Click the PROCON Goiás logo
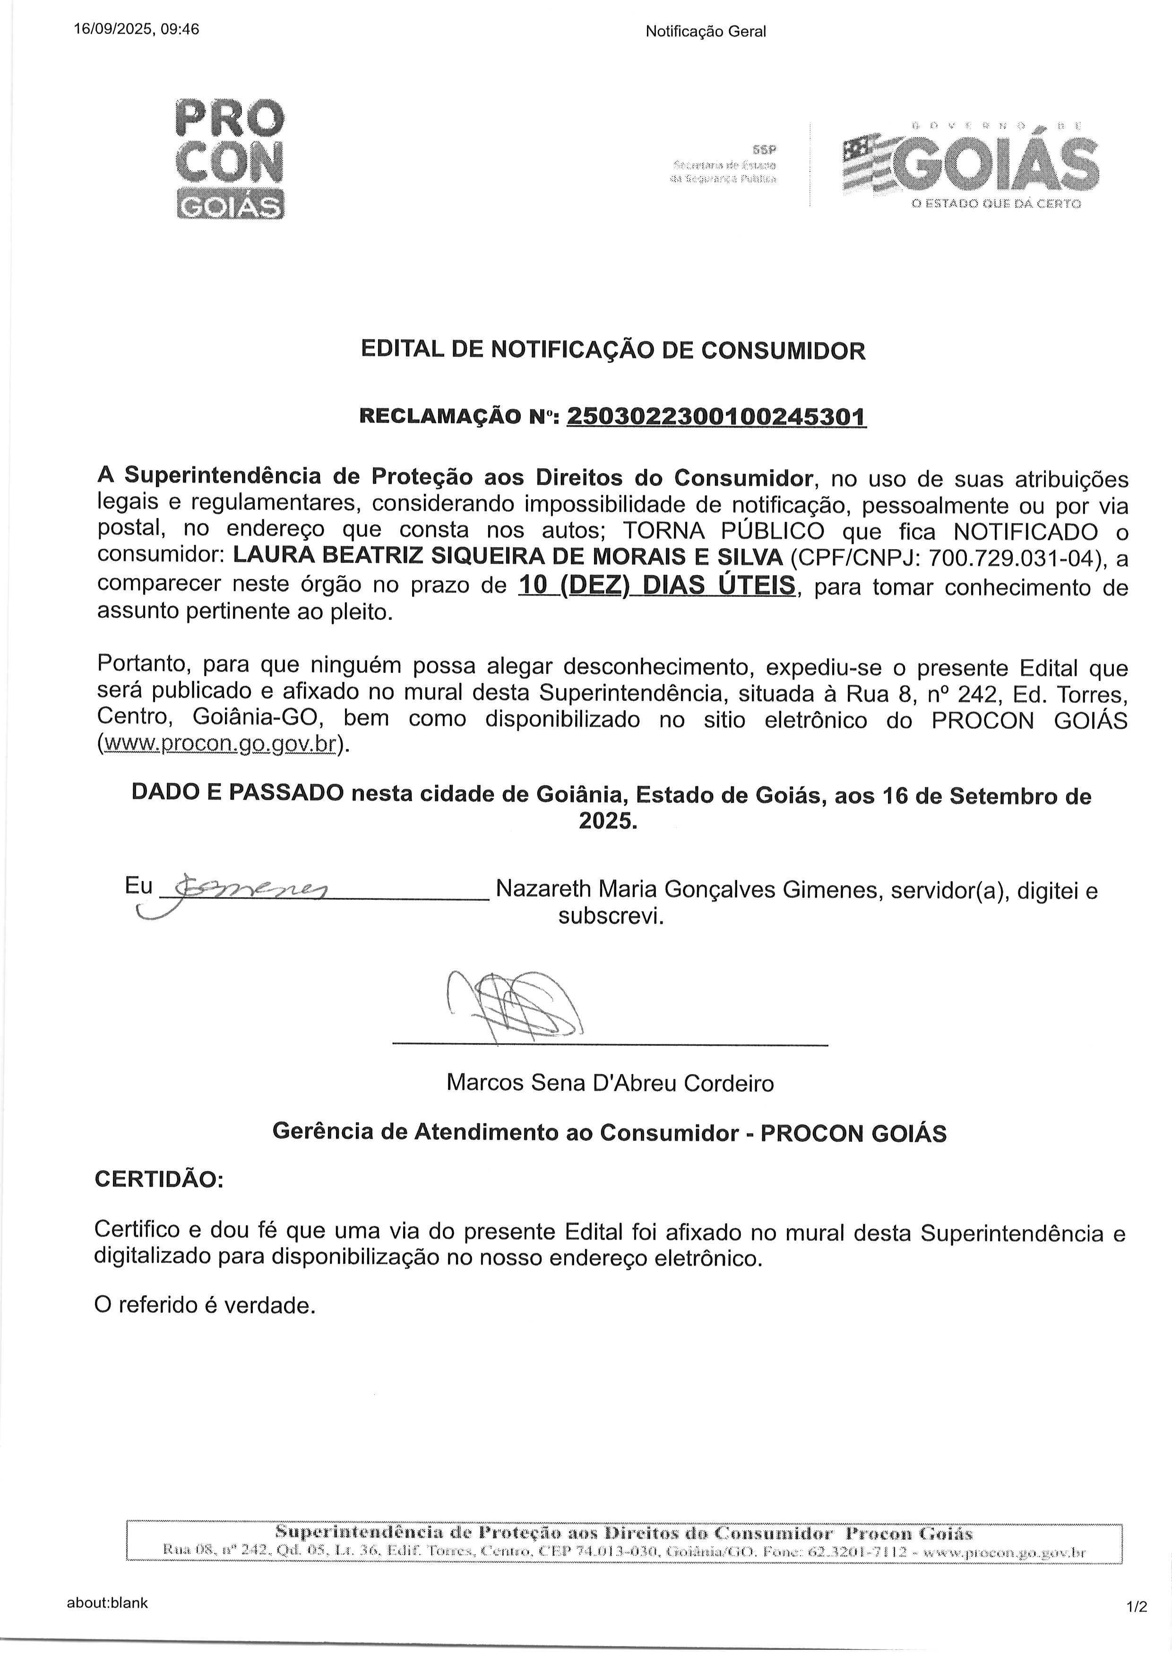230,159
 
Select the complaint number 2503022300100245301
716,417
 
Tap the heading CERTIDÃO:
159,1180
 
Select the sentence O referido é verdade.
205,1304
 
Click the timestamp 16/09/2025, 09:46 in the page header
137,30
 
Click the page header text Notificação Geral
705,31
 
